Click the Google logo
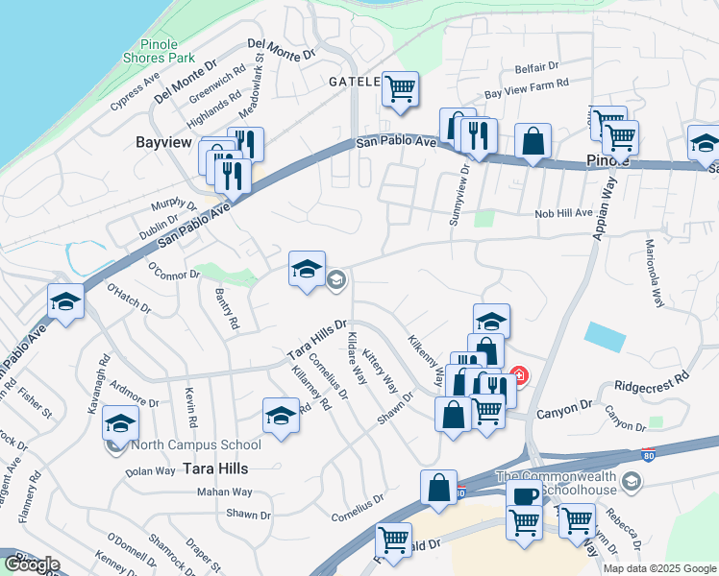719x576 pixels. click(32, 564)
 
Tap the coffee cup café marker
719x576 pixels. click(525, 496)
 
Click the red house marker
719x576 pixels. click(518, 375)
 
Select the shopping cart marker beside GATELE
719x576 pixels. click(400, 89)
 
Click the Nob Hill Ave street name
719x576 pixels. click(564, 213)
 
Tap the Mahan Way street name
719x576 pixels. click(224, 492)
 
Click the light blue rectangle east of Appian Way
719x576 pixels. click(604, 337)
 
